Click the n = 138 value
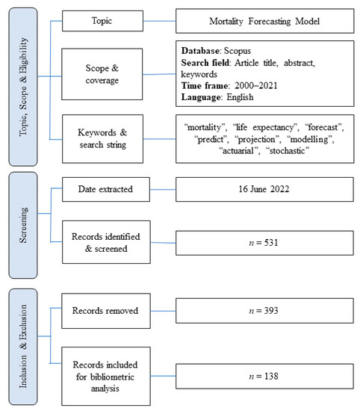(266, 374)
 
